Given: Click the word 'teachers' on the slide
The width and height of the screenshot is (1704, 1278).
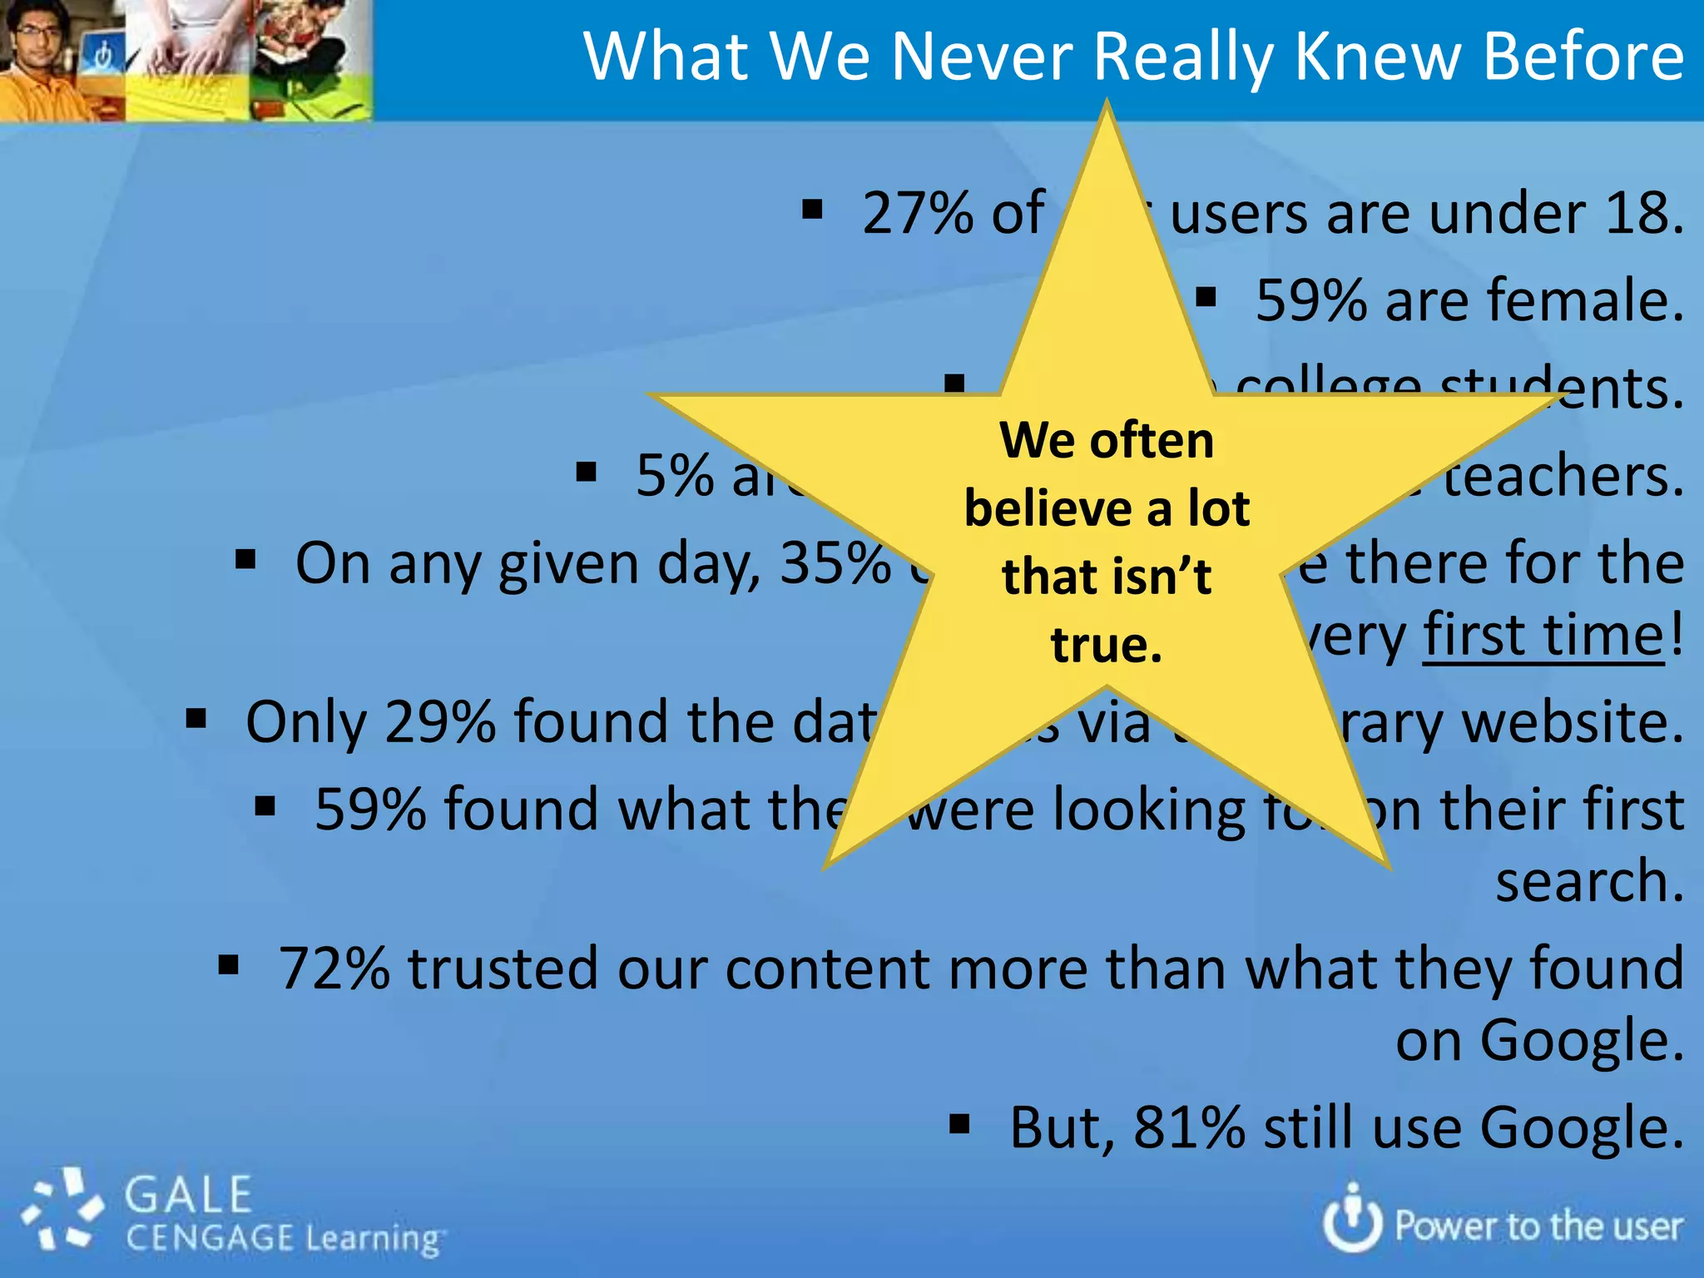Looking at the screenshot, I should [1563, 476].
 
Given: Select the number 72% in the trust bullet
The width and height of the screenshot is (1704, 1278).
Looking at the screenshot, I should [334, 968].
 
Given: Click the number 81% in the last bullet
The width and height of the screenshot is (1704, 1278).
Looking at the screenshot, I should [1188, 1127].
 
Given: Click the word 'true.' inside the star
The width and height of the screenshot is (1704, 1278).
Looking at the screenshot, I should [1106, 645].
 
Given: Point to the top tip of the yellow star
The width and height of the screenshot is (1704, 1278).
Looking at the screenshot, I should [1107, 104].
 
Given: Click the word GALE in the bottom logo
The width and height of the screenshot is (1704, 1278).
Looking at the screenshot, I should [189, 1195].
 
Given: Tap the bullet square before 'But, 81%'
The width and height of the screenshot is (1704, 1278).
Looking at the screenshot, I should [959, 1126].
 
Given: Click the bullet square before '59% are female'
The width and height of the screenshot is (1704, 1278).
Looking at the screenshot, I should [1206, 297].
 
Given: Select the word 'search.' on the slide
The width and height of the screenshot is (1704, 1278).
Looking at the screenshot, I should [1589, 881].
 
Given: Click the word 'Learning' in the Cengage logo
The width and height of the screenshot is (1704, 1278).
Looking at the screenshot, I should [371, 1239].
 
